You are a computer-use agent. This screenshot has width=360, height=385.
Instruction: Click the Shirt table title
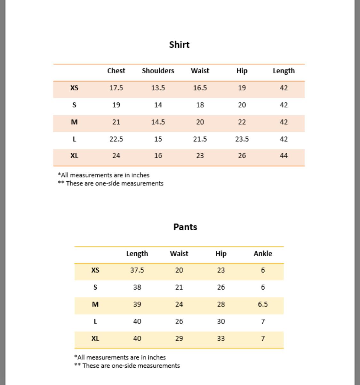click(179, 45)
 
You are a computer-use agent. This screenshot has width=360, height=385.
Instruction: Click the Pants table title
click(185, 227)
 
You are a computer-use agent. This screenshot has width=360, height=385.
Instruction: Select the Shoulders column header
click(158, 71)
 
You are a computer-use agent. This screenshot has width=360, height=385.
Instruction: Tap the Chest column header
click(116, 71)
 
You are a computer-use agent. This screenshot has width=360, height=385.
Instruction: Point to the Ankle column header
click(263, 254)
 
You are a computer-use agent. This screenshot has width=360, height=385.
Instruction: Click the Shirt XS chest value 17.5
click(116, 88)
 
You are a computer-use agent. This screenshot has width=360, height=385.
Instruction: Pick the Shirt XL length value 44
click(284, 156)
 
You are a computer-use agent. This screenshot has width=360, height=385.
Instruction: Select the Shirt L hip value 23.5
click(242, 139)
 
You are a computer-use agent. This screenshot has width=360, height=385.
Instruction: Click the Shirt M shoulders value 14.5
click(158, 122)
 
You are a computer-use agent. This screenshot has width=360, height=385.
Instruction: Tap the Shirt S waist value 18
click(200, 105)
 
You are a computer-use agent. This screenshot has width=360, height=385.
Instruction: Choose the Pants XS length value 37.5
click(137, 270)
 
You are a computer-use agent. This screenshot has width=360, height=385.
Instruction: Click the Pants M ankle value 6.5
click(263, 304)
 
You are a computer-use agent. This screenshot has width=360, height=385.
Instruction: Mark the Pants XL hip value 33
click(221, 339)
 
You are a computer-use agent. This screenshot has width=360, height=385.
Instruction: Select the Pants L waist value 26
click(179, 321)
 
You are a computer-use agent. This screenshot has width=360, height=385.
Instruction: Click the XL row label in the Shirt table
click(74, 156)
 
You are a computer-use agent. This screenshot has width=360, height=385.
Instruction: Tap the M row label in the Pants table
click(95, 304)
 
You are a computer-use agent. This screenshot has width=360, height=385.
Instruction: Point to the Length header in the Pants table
click(137, 254)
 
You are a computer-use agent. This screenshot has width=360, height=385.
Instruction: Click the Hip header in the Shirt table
click(242, 71)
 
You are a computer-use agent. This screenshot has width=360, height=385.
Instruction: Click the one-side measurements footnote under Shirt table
click(111, 184)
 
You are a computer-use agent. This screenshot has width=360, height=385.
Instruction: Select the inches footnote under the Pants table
click(120, 357)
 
